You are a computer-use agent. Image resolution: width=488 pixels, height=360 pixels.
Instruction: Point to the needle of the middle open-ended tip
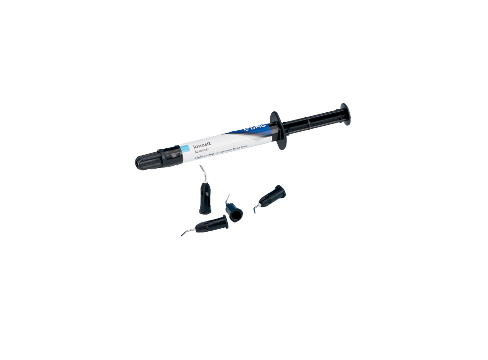pyautogui.click(x=228, y=196)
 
